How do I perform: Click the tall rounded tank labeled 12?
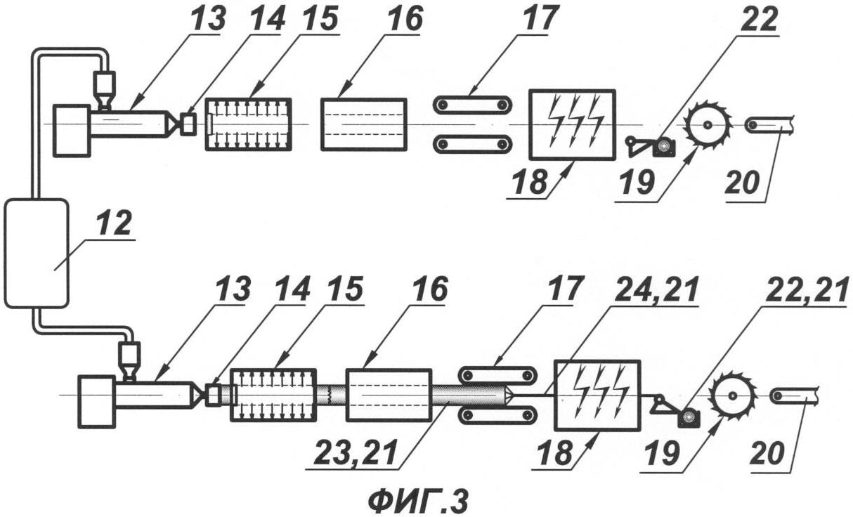coord(37,253)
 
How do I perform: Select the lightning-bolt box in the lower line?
coord(597,394)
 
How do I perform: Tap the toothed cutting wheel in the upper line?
coord(707,125)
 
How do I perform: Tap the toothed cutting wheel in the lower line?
coord(731,397)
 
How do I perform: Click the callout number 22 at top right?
coord(759,21)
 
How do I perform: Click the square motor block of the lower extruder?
coord(96,401)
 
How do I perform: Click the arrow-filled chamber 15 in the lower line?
coord(273,395)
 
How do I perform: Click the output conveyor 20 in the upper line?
coord(769,125)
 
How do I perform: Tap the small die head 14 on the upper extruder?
coord(188,124)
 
